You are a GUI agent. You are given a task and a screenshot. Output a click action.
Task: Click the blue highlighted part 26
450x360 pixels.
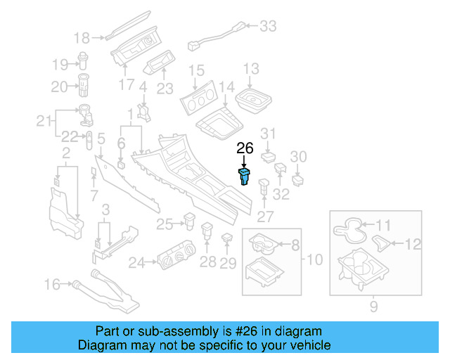click(x=244, y=176)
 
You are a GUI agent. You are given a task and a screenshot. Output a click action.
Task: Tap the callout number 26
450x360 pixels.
click(x=244, y=148)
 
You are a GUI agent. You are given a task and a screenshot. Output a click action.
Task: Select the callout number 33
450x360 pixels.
click(x=269, y=27)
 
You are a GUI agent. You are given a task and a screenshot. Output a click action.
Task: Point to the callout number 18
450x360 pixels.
click(x=82, y=37)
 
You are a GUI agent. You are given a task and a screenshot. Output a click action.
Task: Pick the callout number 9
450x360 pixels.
click(x=373, y=306)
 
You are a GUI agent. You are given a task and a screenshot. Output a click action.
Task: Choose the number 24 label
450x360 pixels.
click(x=136, y=263)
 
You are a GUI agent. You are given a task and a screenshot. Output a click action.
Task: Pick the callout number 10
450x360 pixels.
click(x=314, y=259)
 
